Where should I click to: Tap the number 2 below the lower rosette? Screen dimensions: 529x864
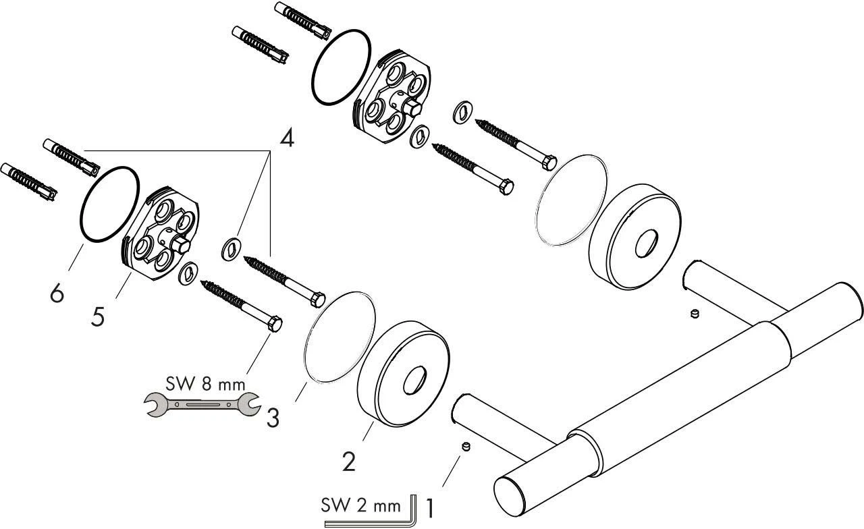[348, 462]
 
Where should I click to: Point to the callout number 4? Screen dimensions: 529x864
[287, 140]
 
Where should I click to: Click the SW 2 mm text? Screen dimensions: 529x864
[362, 503]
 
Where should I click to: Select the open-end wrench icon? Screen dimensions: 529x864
[203, 405]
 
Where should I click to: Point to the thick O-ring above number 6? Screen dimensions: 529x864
[111, 202]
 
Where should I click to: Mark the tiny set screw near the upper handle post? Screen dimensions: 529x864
[694, 314]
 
